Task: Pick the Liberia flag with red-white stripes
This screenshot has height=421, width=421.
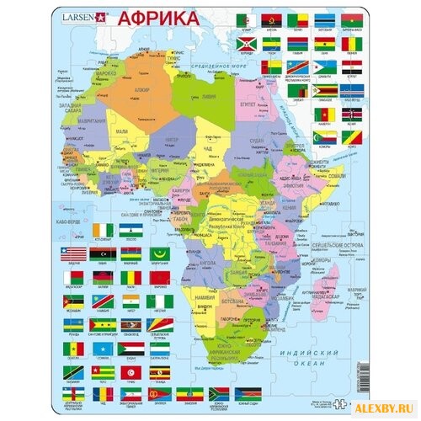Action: point(75,253)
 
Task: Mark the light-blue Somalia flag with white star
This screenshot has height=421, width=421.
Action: point(104,349)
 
